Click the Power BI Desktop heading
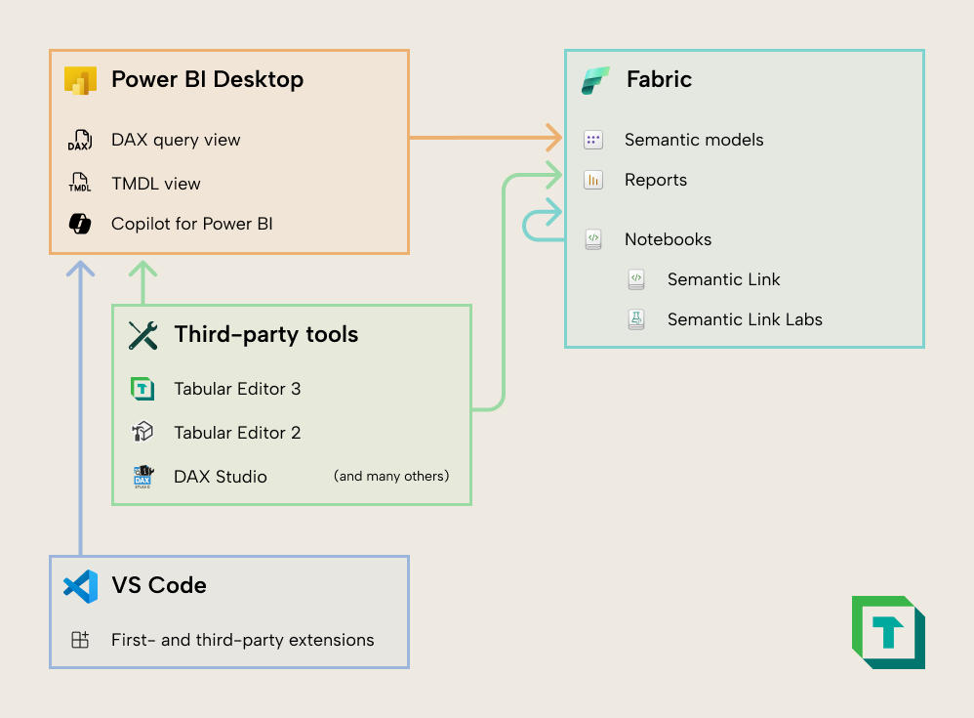pyautogui.click(x=207, y=80)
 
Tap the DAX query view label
pyautogui.click(x=176, y=140)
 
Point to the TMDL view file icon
pyautogui.click(x=79, y=183)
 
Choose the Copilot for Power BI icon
pyautogui.click(x=79, y=224)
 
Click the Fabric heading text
pyautogui.click(x=659, y=80)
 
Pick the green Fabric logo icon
pyautogui.click(x=594, y=80)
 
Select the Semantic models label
pyautogui.click(x=694, y=140)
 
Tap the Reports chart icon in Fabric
pyautogui.click(x=593, y=180)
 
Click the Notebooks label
pyautogui.click(x=668, y=239)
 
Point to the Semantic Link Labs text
pyautogui.click(x=745, y=319)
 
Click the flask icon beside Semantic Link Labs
pyautogui.click(x=636, y=319)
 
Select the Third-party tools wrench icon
pyautogui.click(x=143, y=335)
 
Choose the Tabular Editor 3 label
pyautogui.click(x=237, y=389)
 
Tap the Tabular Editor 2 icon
pyautogui.click(x=143, y=432)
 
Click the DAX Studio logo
pyautogui.click(x=143, y=477)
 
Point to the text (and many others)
pyautogui.click(x=391, y=477)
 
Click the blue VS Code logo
pyautogui.click(x=80, y=586)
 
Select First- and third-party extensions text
pyautogui.click(x=242, y=641)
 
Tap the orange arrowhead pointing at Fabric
pyautogui.click(x=555, y=138)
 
